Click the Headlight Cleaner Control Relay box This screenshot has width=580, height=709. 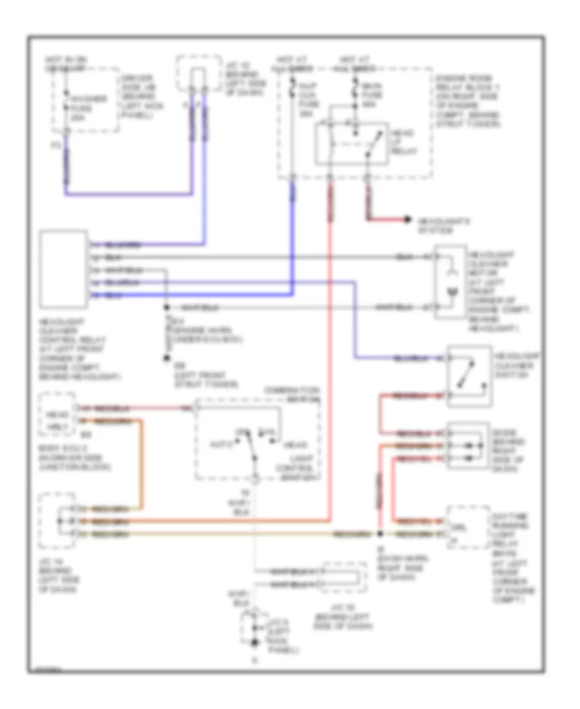pyautogui.click(x=64, y=269)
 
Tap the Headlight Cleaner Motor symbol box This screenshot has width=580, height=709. pyautogui.click(x=451, y=282)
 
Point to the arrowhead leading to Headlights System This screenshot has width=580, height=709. pyautogui.click(x=407, y=220)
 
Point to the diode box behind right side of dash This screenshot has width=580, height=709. pyautogui.click(x=469, y=445)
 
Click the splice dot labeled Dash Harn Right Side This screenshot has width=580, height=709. pyautogui.click(x=380, y=534)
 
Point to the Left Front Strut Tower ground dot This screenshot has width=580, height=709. pyautogui.click(x=166, y=356)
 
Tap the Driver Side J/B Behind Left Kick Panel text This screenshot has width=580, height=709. pyautogui.click(x=135, y=97)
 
